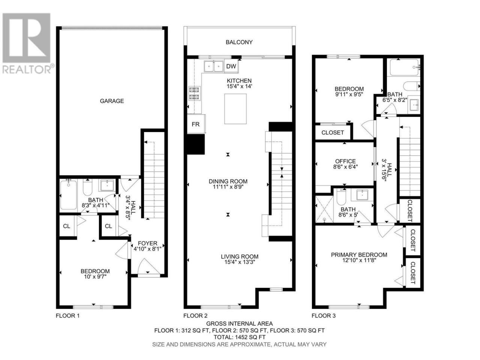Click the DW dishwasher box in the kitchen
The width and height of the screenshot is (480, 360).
click(x=231, y=66)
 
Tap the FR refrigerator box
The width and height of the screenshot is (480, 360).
click(x=196, y=124)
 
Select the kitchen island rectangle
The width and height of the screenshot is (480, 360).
click(x=235, y=109)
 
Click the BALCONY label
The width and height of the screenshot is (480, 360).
click(x=239, y=42)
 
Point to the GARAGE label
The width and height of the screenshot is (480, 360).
click(x=112, y=101)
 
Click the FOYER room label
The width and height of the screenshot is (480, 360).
click(x=147, y=243)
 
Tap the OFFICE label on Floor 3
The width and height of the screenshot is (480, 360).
click(x=345, y=161)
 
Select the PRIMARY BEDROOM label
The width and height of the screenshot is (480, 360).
click(x=359, y=255)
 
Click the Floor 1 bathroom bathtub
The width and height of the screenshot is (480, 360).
click(x=69, y=194)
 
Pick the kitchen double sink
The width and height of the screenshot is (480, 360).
click(x=213, y=66)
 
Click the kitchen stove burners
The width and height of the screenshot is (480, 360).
click(x=194, y=93)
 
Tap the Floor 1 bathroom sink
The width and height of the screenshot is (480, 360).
click(x=107, y=185)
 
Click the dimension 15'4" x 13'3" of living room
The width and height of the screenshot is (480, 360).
click(x=240, y=262)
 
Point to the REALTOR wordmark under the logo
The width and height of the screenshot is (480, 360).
click(x=27, y=69)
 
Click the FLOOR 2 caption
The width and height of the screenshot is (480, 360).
click(x=195, y=316)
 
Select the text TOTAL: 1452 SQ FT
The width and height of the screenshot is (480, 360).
click(x=240, y=337)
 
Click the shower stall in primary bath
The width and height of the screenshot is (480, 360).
click(x=324, y=209)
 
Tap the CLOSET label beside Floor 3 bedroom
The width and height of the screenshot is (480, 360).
click(x=332, y=132)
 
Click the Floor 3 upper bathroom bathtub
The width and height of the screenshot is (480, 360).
click(x=404, y=67)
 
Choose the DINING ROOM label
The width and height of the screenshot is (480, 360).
click(x=228, y=181)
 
